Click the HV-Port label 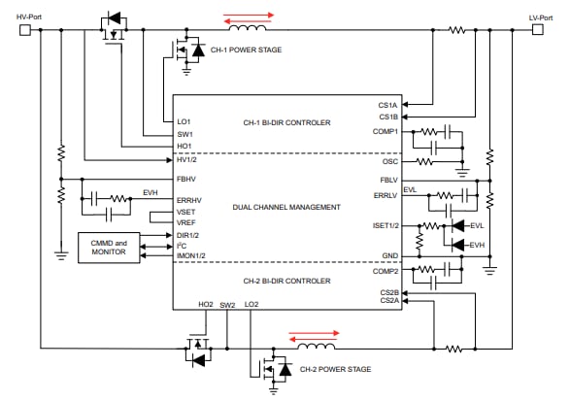pos(30,17)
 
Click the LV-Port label pos(541,17)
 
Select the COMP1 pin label pos(386,131)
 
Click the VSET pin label pos(186,212)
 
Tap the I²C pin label pos(183,246)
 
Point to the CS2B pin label pos(388,291)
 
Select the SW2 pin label pos(227,304)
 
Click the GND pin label pos(390,255)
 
